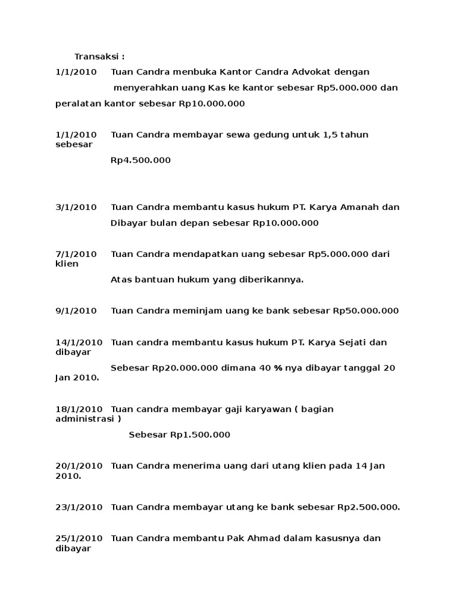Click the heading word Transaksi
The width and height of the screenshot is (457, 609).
coord(97,56)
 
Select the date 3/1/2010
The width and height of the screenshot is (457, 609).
coord(76,208)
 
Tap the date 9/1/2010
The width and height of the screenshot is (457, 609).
coord(76,310)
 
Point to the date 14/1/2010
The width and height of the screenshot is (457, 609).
coord(79,342)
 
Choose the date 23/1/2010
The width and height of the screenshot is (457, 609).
coord(79,507)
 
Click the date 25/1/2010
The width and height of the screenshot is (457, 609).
coord(79,538)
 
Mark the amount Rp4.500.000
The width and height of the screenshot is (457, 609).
coord(141,160)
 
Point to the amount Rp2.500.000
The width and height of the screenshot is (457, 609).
coord(369,507)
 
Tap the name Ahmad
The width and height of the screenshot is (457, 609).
coord(264,538)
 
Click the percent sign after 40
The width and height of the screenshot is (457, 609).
coord(278,368)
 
